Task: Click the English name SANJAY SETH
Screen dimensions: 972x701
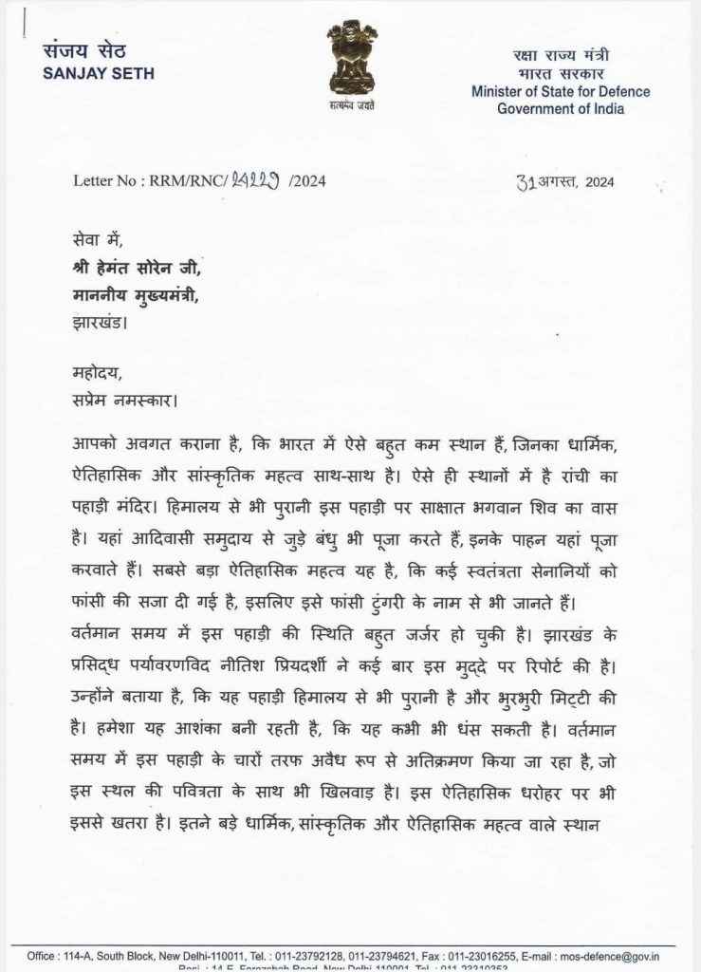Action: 99,74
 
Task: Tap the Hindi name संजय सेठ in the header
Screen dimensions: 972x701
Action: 84,51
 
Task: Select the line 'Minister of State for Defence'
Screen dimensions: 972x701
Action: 562,92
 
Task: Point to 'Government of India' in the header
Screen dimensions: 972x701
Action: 562,108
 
